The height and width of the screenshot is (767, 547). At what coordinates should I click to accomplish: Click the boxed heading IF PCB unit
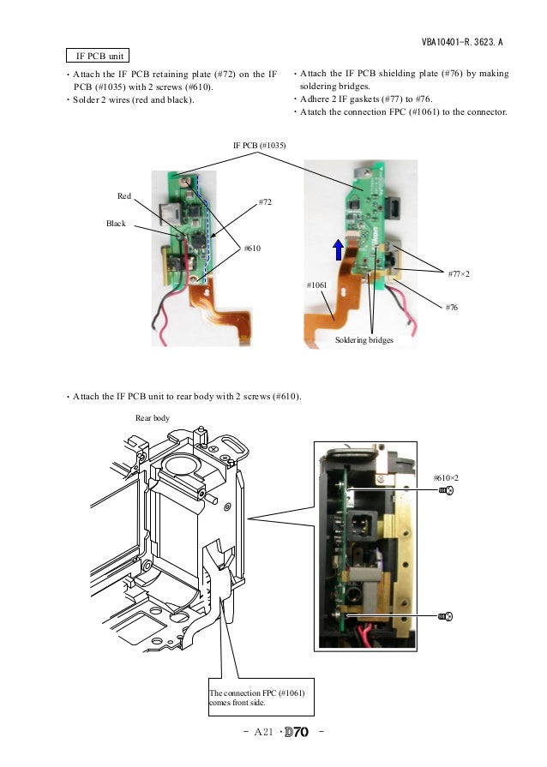tap(99, 56)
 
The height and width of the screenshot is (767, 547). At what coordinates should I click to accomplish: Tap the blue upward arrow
tap(340, 249)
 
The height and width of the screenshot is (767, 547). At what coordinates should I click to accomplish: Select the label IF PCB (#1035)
tap(260, 146)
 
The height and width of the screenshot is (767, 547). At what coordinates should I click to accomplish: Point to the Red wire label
tap(124, 196)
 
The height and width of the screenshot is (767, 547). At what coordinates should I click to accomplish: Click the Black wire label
tap(116, 224)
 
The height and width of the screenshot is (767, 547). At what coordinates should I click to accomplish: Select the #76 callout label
tap(451, 306)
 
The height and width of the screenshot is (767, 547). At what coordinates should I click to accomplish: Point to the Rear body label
tap(153, 418)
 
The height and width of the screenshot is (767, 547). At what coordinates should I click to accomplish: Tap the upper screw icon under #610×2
tap(445, 491)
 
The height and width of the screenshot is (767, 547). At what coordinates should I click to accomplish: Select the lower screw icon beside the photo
tap(445, 616)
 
